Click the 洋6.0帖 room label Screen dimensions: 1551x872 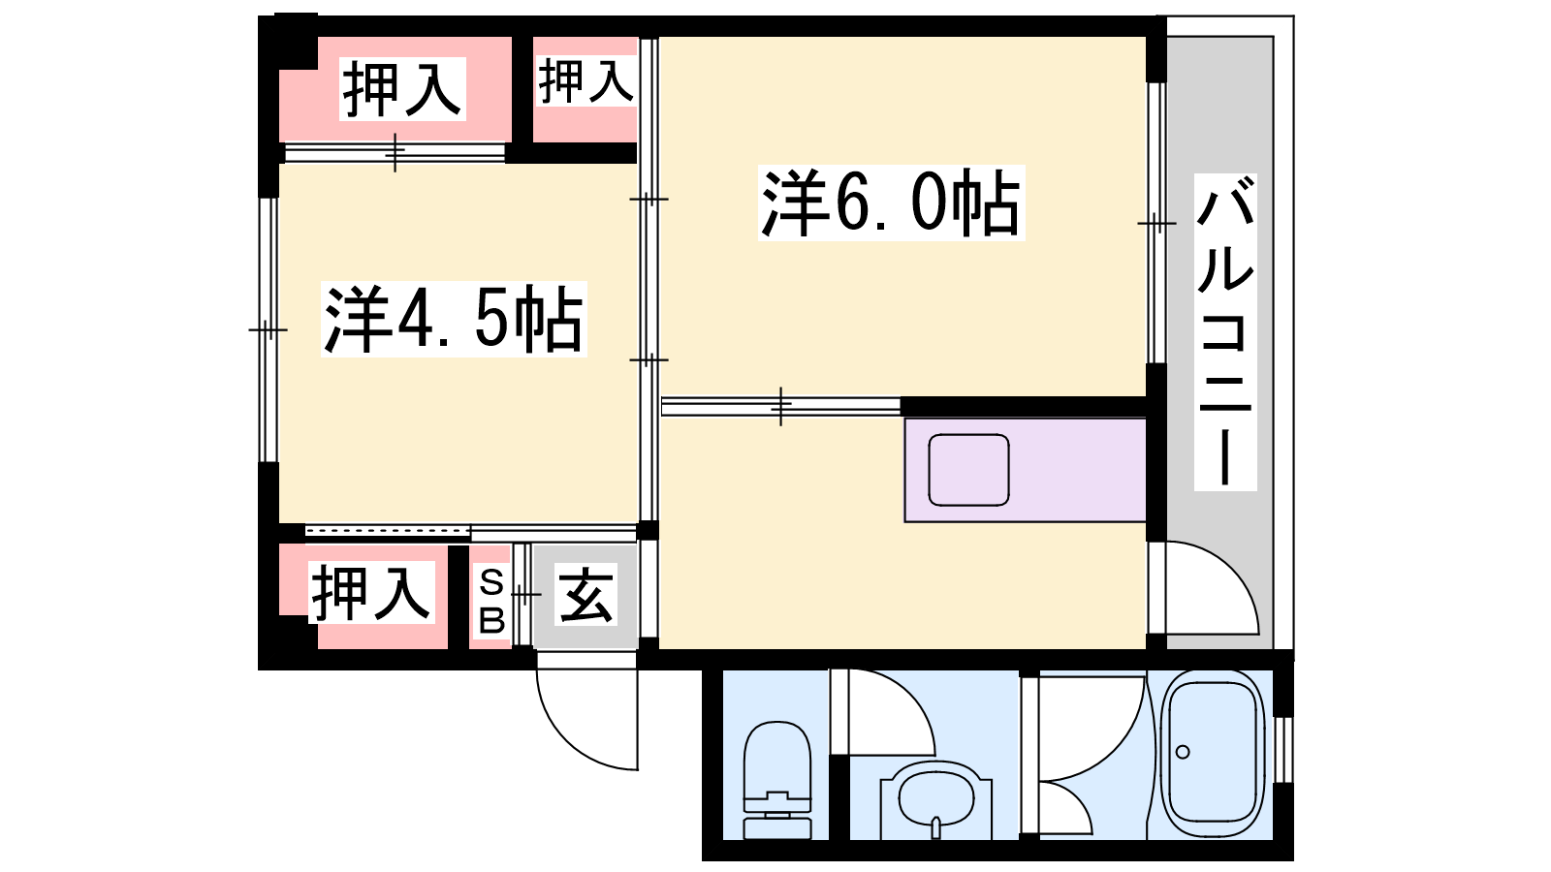pos(891,203)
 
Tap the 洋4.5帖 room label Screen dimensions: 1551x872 pos(454,319)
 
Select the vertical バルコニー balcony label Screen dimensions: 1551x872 pos(1225,332)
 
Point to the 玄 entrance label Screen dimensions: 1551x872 pos(586,595)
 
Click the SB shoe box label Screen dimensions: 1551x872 pos(491,602)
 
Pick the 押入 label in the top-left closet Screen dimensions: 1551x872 pos(401,89)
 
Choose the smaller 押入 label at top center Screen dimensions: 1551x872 pos(586,81)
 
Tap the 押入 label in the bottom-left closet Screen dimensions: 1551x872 pos(372,592)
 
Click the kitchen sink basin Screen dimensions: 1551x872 pos(968,470)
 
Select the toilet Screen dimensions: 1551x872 pos(776,780)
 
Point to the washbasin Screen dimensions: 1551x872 pos(936,800)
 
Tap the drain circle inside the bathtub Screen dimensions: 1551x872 pos(1183,752)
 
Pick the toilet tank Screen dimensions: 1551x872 pos(776,817)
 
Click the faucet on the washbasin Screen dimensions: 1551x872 pos(936,827)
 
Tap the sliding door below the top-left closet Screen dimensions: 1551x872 pos(395,152)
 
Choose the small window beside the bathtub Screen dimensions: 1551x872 pos(1283,750)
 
